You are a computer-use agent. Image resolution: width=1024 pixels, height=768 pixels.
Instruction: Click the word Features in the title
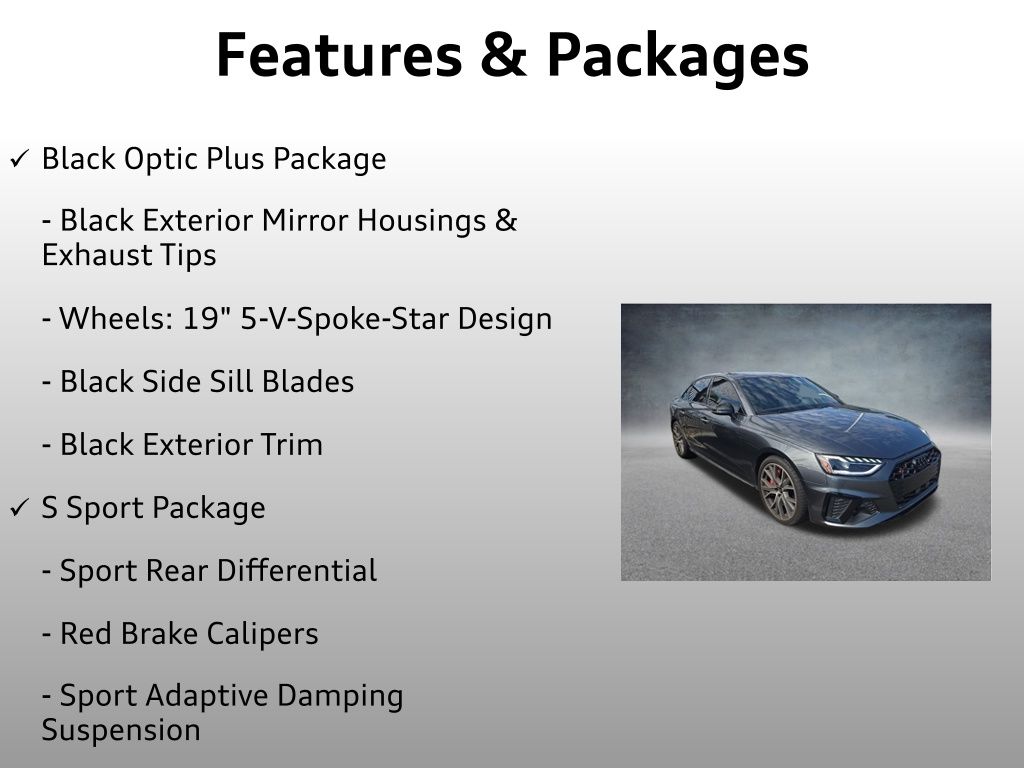pyautogui.click(x=339, y=55)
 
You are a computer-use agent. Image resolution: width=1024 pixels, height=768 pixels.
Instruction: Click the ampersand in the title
pyautogui.click(x=504, y=55)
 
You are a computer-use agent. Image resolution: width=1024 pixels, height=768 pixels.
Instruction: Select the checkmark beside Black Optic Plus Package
pyautogui.click(x=20, y=158)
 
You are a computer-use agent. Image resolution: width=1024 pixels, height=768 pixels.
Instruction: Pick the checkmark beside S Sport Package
pyautogui.click(x=20, y=507)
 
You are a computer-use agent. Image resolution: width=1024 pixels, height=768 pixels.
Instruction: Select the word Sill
pyautogui.click(x=228, y=381)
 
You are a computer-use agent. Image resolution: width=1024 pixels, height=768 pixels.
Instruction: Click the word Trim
pyautogui.click(x=291, y=445)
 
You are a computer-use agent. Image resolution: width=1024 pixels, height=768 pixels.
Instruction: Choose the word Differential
pyautogui.click(x=296, y=570)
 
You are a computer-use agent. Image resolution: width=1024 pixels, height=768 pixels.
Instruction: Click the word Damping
pyautogui.click(x=340, y=697)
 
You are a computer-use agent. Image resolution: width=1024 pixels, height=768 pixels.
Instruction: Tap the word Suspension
pyautogui.click(x=121, y=731)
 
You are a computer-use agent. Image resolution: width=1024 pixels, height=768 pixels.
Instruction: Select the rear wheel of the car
pyautogui.click(x=680, y=438)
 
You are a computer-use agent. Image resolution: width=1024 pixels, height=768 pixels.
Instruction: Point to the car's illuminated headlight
pyautogui.click(x=850, y=464)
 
